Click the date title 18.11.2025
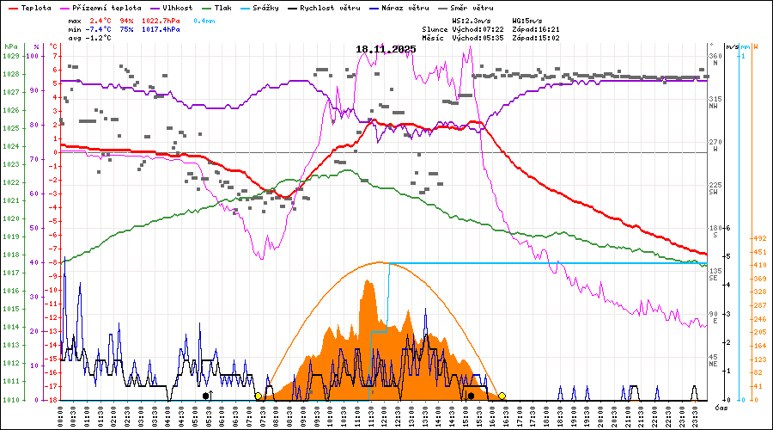[x=385, y=49]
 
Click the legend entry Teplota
[x=31, y=7]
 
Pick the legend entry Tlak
[x=222, y=7]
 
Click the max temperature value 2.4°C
[x=100, y=20]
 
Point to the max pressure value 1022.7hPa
[x=161, y=20]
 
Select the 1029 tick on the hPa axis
[x=10, y=56]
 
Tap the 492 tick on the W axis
[x=759, y=238]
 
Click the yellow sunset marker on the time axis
[x=502, y=396]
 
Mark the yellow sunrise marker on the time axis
[x=258, y=396]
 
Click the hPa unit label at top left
[x=10, y=46]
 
